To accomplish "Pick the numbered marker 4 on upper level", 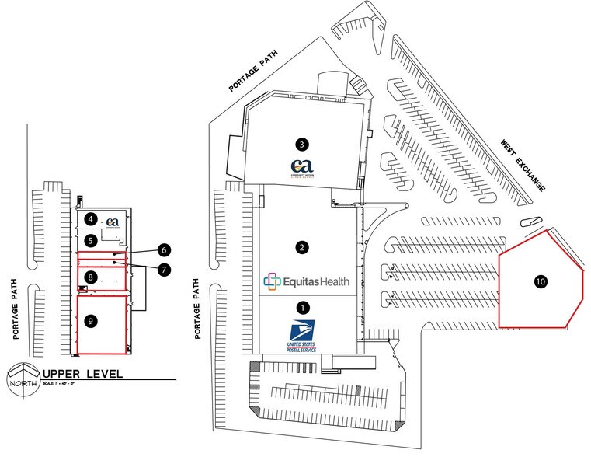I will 91,219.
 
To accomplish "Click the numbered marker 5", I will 91,240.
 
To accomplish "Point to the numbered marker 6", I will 164,250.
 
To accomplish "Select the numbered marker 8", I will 91,277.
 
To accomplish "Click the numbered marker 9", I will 91,319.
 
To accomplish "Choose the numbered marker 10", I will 541,281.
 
